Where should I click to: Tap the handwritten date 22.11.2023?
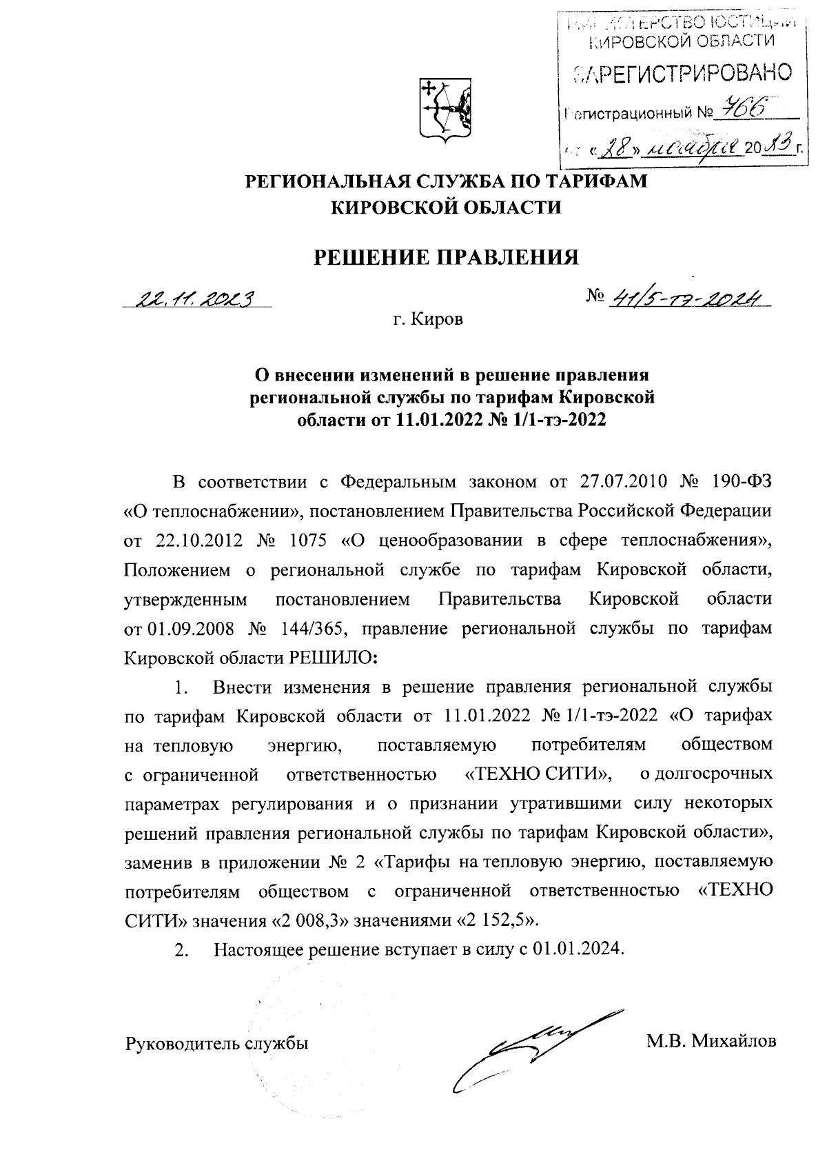(196, 299)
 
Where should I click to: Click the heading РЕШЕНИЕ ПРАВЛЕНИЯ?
(446, 257)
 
